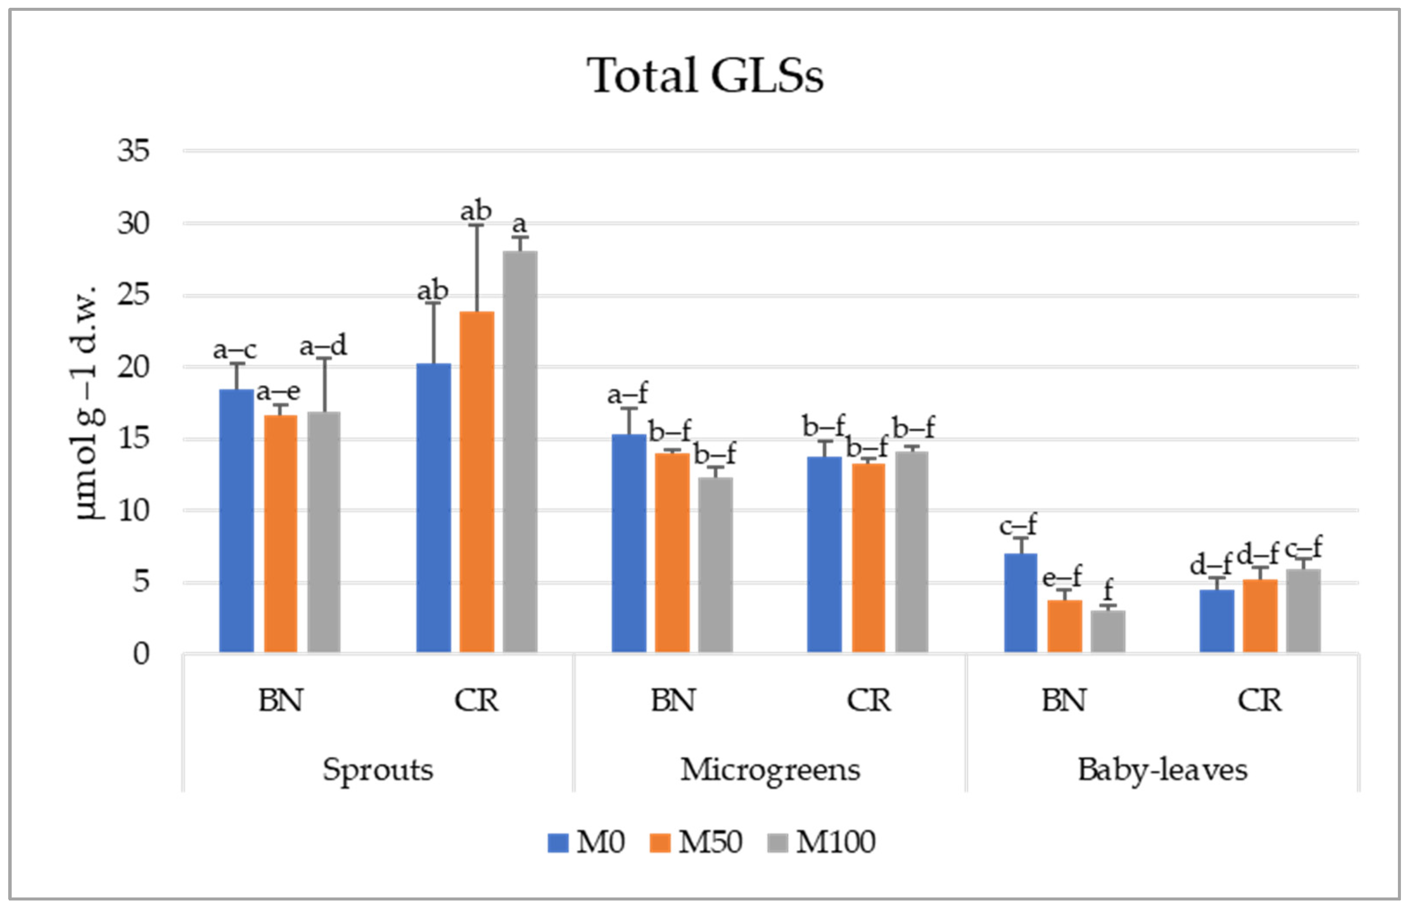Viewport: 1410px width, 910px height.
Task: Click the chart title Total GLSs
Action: tap(705, 76)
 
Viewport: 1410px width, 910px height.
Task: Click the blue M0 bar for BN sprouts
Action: tap(236, 520)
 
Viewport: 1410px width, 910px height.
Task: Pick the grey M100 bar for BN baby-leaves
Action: tap(1108, 631)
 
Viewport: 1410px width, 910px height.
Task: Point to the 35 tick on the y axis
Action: tap(133, 151)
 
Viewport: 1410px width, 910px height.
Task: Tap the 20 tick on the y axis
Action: tap(133, 367)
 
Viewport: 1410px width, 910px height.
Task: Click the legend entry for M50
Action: tap(696, 842)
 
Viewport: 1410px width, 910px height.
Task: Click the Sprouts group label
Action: tap(378, 770)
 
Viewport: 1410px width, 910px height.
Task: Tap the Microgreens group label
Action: tap(770, 770)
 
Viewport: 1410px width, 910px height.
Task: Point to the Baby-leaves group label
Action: tap(1162, 770)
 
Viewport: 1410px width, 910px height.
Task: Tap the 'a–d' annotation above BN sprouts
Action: tap(323, 346)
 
